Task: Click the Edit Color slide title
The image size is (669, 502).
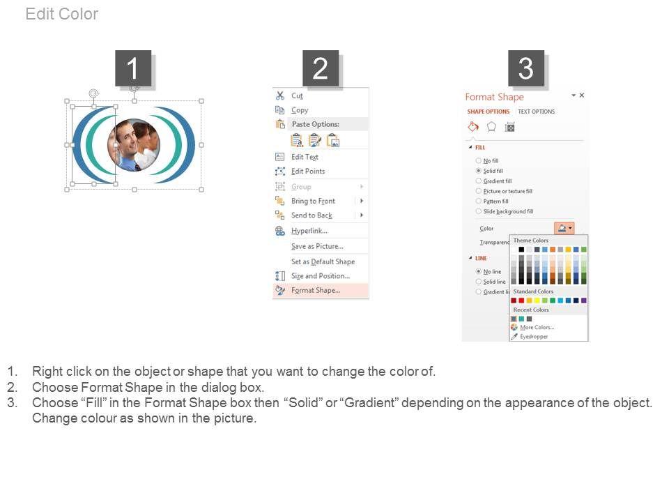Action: pyautogui.click(x=62, y=14)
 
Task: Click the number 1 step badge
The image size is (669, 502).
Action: pyautogui.click(x=133, y=68)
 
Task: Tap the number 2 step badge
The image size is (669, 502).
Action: pyautogui.click(x=321, y=68)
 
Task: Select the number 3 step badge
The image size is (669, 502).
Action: pyautogui.click(x=525, y=68)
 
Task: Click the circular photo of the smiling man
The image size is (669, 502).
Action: pyautogui.click(x=134, y=145)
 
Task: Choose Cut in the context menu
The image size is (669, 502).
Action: pyautogui.click(x=297, y=96)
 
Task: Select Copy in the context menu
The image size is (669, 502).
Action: pyautogui.click(x=300, y=110)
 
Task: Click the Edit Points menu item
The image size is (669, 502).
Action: pyautogui.click(x=308, y=172)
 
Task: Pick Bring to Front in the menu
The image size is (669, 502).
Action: pyautogui.click(x=313, y=201)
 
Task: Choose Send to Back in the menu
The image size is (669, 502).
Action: pyautogui.click(x=312, y=215)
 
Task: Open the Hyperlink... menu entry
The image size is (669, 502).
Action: pyautogui.click(x=309, y=231)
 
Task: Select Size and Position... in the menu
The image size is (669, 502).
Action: pyautogui.click(x=321, y=276)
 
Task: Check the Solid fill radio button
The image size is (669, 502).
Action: pyautogui.click(x=479, y=171)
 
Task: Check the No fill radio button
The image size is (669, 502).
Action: pyautogui.click(x=479, y=160)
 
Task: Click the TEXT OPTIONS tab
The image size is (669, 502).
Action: pyautogui.click(x=537, y=112)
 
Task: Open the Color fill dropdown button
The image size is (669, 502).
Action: pyautogui.click(x=564, y=229)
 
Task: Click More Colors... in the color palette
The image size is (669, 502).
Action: pyautogui.click(x=537, y=328)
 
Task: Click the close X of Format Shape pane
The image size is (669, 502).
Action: pyautogui.click(x=581, y=96)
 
